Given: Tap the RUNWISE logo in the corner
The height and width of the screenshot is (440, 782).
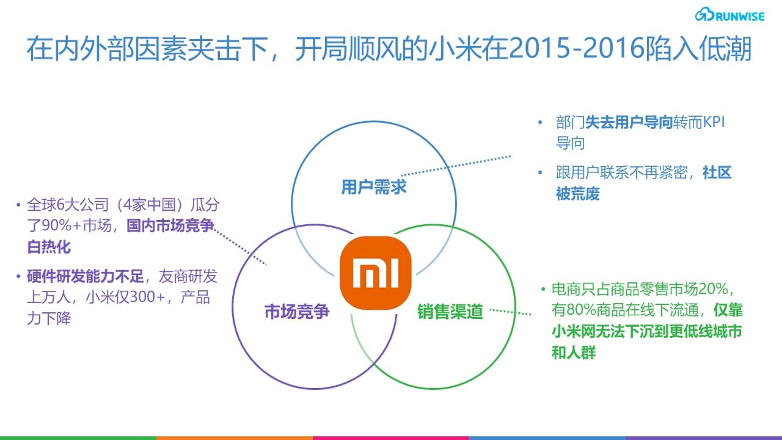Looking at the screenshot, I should (x=729, y=15).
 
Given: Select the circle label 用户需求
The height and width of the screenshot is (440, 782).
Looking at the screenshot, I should (x=373, y=187).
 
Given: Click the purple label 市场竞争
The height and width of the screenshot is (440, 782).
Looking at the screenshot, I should (x=297, y=312).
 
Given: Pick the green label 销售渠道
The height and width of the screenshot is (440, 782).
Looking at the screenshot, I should (x=450, y=312).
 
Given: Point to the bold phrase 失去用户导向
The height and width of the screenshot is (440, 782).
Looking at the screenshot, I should (x=629, y=122).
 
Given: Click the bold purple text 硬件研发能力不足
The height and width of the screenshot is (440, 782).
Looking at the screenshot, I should (x=85, y=277).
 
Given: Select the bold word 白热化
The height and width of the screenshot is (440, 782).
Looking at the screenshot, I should (x=49, y=247).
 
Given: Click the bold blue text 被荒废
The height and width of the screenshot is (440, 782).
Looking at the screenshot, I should (x=577, y=194).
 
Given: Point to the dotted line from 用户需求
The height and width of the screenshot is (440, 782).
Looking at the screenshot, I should (x=455, y=166).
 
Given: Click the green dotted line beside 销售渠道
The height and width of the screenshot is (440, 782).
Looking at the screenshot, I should (x=511, y=312).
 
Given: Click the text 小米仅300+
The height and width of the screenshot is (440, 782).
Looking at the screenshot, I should (x=123, y=298).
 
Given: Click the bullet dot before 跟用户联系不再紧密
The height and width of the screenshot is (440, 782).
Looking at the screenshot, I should (x=539, y=173).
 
